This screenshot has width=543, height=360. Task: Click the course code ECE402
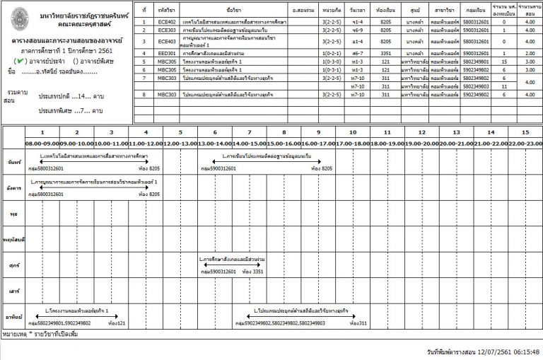coord(168,22)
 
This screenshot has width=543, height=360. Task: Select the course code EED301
coord(168,52)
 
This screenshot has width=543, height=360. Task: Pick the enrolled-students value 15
coord(503,62)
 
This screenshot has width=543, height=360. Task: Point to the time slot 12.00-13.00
coord(180,144)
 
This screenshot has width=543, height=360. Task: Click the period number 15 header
coord(524,132)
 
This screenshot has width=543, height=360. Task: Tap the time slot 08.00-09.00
coord(42,144)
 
